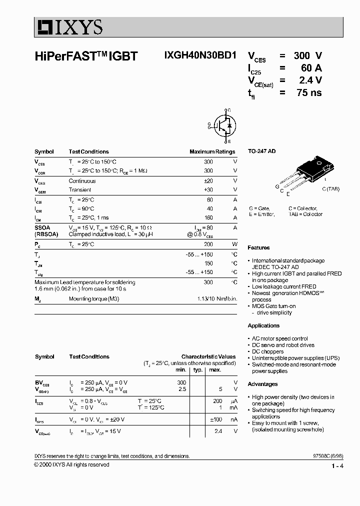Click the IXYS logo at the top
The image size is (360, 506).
point(69,27)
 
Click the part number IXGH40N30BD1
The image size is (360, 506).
point(200,56)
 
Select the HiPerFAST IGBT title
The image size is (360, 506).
point(85,56)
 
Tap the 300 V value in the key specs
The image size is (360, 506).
point(308,55)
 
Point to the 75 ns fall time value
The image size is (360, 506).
point(308,92)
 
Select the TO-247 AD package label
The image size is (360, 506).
point(262,151)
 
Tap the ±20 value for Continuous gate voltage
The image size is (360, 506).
point(208,181)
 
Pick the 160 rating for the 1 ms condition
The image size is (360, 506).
point(208,217)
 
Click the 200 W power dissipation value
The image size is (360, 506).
point(208,244)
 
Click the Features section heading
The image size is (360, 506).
point(258,248)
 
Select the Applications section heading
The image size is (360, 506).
point(263,325)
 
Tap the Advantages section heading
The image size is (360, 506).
point(262,384)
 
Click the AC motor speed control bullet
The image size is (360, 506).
point(279,338)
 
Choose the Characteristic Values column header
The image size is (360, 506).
point(208,356)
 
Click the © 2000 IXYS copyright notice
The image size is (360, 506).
point(71,464)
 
